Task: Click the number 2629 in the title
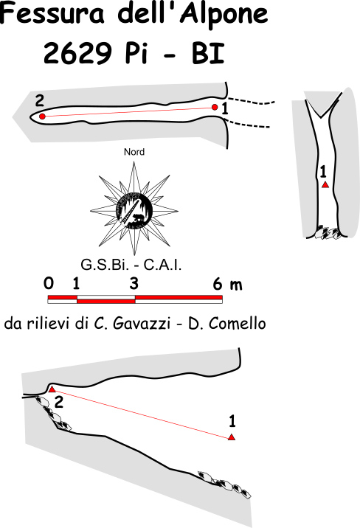[77, 54]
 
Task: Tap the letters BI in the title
[208, 54]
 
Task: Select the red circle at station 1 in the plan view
[215, 108]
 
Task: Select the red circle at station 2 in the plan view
[42, 117]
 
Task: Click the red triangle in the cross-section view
[325, 184]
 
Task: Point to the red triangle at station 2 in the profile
[52, 389]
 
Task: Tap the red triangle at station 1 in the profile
[232, 437]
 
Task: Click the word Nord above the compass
[134, 152]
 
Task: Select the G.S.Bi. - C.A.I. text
[131, 265]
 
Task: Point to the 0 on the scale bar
[49, 283]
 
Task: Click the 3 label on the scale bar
[134, 283]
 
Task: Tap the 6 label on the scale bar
[218, 285]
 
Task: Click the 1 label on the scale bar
[76, 284]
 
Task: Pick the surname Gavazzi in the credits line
[142, 324]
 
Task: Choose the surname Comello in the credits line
[237, 324]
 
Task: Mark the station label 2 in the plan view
[40, 101]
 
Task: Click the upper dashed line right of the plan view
[252, 101]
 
